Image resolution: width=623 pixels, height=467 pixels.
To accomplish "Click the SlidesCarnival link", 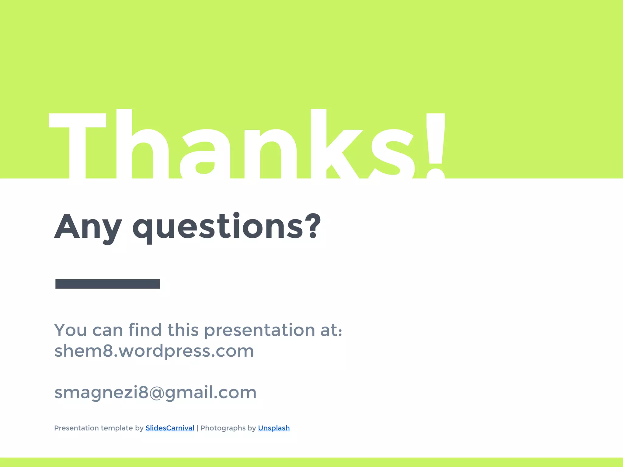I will (x=170, y=428).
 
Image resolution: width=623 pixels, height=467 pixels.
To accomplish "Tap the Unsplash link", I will (x=274, y=428).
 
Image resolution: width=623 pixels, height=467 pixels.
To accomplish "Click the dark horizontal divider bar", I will (x=108, y=284).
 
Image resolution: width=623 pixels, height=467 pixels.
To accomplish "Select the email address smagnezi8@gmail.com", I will (x=155, y=393).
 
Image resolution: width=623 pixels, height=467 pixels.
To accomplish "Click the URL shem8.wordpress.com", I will (x=154, y=351).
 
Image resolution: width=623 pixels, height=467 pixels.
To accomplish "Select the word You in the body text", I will (x=71, y=330).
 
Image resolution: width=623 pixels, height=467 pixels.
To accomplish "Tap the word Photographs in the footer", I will (x=223, y=428).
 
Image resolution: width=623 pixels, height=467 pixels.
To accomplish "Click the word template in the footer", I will (x=117, y=428).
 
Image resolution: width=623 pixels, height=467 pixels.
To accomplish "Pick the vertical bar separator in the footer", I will (x=197, y=428).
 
